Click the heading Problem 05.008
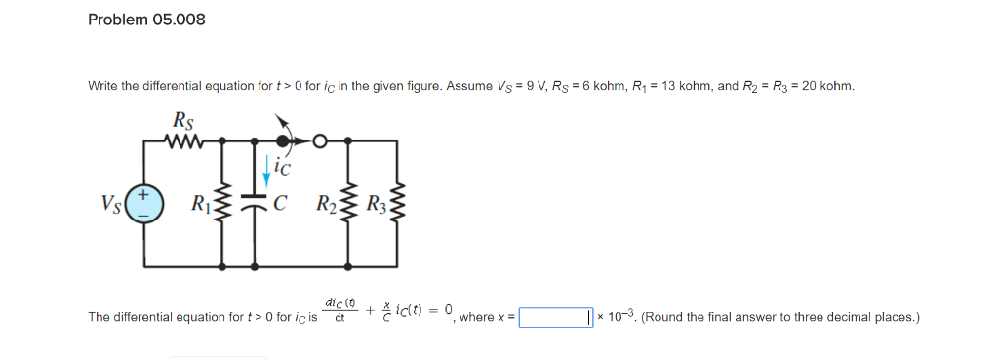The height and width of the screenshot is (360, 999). [146, 20]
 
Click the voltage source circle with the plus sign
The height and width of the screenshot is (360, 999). [142, 208]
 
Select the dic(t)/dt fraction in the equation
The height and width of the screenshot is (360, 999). [340, 310]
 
